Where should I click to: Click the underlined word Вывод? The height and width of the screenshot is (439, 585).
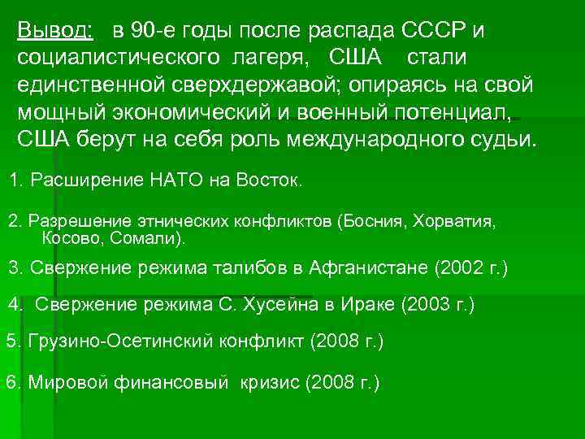pyautogui.click(x=54, y=31)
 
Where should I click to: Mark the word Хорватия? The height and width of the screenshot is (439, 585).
pyautogui.click(x=454, y=221)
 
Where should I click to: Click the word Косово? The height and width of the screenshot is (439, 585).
pyautogui.click(x=69, y=239)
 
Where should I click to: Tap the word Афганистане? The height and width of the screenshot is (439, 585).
pyautogui.click(x=368, y=267)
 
